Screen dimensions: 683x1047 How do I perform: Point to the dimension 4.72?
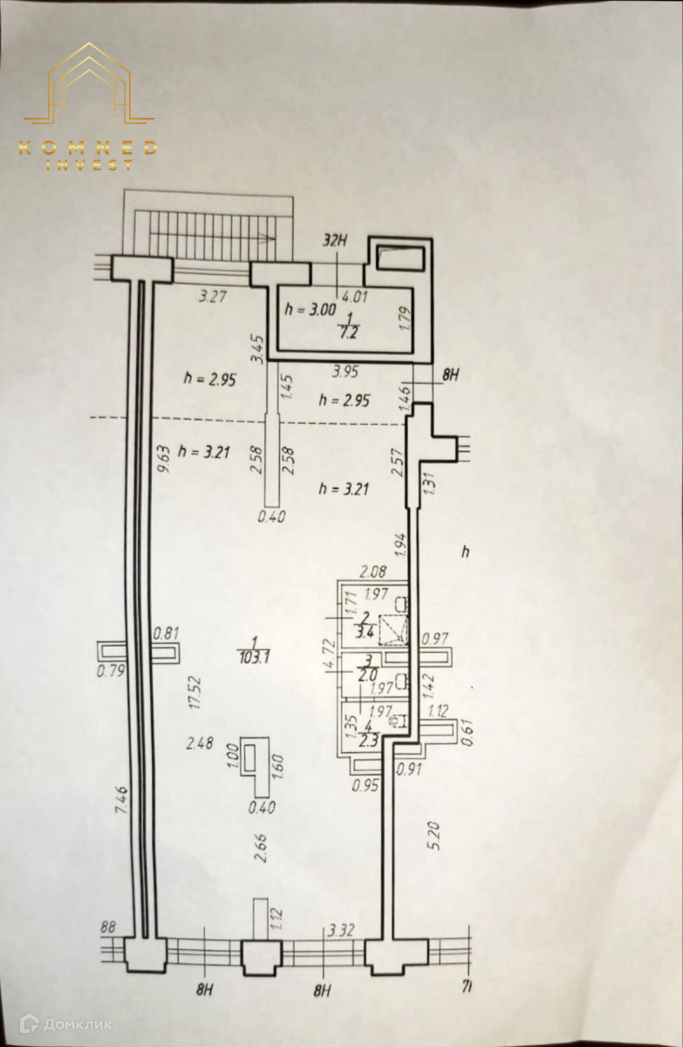click(x=330, y=654)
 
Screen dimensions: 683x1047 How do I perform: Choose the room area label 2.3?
click(x=367, y=742)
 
